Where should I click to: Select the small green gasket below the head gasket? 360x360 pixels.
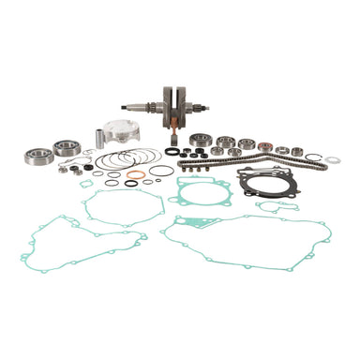277,207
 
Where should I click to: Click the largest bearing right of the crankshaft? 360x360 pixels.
200,141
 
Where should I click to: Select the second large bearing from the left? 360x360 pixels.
67,147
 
